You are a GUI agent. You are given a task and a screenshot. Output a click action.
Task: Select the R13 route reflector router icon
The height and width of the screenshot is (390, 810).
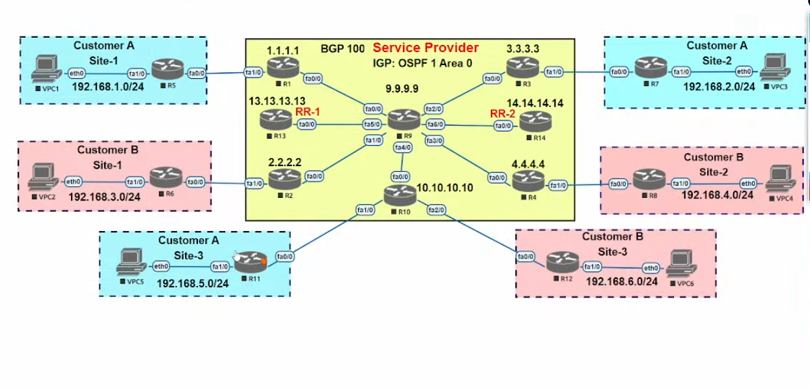point(275,119)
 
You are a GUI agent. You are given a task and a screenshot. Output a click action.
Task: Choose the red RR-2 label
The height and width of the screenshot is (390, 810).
point(502,113)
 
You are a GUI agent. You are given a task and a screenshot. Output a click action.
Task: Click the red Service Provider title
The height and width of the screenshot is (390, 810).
point(425,48)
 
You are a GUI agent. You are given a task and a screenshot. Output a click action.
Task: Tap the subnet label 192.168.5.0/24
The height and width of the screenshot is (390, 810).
point(193,283)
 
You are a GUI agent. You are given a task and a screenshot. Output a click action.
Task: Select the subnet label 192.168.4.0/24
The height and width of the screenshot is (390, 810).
point(718,195)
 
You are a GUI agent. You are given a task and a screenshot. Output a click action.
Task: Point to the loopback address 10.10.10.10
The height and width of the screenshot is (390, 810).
point(445,188)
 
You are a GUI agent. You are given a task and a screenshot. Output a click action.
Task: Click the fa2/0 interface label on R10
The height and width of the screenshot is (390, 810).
point(436,210)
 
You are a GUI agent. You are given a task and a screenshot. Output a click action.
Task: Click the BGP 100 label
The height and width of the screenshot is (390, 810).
point(342,49)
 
